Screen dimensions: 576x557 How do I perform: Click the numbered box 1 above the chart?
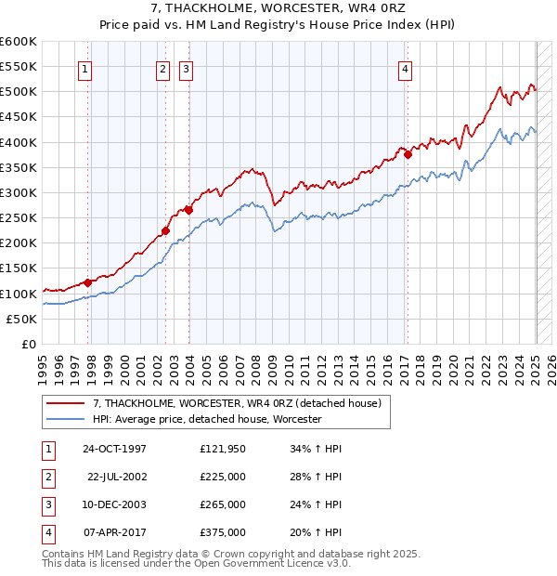[x=84, y=67]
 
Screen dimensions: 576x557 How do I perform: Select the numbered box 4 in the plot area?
[x=406, y=67]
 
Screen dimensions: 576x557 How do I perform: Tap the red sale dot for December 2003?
[x=188, y=210]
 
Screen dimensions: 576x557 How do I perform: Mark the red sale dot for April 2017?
[x=408, y=155]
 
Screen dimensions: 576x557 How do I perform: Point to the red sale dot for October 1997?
[x=88, y=282]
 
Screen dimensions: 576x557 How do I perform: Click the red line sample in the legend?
[x=67, y=403]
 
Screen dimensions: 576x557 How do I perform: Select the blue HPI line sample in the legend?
[x=67, y=419]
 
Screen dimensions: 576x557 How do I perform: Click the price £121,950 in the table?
[x=223, y=449]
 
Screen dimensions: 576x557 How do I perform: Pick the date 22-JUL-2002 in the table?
[x=116, y=477]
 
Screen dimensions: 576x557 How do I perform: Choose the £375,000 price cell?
[x=223, y=532]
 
